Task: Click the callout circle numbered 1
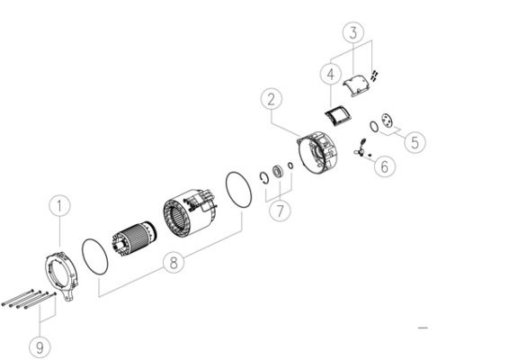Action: pos(59,205)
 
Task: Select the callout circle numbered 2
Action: pos(272,99)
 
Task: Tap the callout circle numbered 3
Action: pos(353,32)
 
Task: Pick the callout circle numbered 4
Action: pos(330,75)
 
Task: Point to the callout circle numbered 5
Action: pos(415,142)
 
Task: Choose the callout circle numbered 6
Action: pos(385,166)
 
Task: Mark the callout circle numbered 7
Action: pos(280,211)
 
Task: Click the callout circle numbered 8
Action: pos(174,263)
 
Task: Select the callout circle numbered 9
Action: pos(40,347)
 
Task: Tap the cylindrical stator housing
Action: pos(190,211)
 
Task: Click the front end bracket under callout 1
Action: pos(61,274)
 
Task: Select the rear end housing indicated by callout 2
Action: pos(317,153)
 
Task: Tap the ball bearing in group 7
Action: pos(278,171)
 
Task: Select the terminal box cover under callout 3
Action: pos(356,85)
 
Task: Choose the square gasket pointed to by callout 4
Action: pos(338,116)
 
